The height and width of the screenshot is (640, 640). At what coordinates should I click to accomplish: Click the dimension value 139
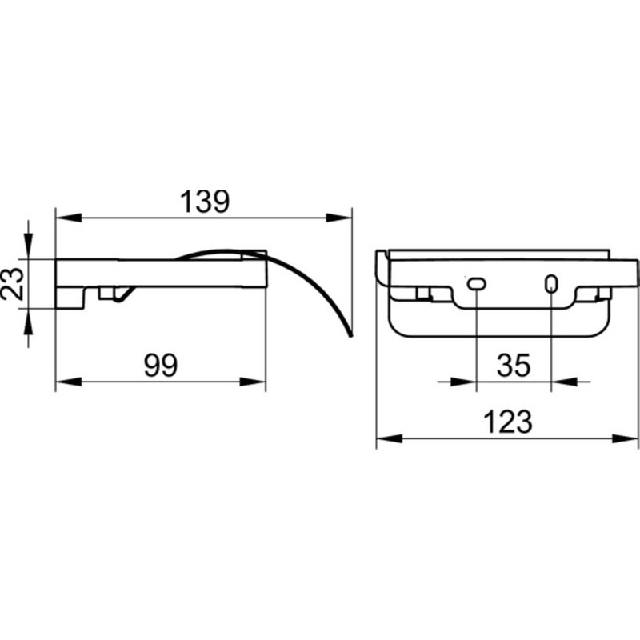[205, 202]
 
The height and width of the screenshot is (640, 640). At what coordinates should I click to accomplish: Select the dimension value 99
[161, 366]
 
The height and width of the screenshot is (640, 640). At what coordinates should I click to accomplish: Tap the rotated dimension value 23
[11, 284]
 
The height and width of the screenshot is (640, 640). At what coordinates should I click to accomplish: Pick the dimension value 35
[514, 366]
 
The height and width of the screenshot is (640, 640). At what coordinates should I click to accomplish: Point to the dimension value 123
[508, 422]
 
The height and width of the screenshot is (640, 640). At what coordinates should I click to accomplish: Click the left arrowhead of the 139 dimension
[68, 218]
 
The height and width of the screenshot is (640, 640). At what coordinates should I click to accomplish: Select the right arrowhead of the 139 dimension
[338, 218]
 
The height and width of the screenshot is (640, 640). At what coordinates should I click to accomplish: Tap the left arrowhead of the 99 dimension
[68, 382]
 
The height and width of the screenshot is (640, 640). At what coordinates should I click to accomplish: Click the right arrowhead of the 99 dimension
[253, 382]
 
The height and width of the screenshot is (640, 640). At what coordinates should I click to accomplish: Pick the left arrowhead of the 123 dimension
[389, 438]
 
